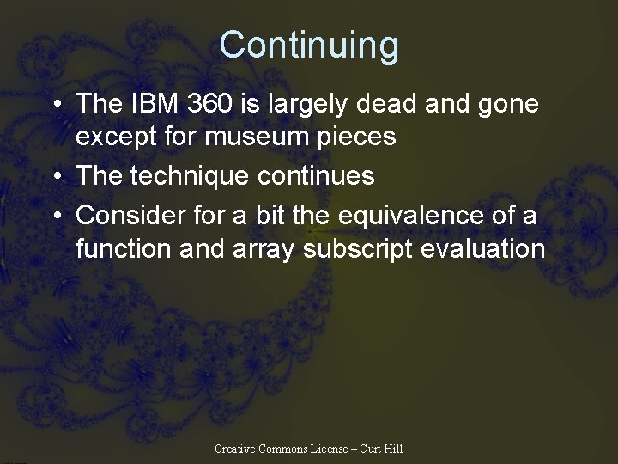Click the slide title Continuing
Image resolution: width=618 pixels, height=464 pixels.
(309, 45)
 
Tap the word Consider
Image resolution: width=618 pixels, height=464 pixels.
(125, 215)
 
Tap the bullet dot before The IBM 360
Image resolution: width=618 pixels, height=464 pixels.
(55, 105)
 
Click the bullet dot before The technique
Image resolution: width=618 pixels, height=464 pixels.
(55, 177)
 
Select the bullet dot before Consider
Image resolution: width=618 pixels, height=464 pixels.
(55, 216)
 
